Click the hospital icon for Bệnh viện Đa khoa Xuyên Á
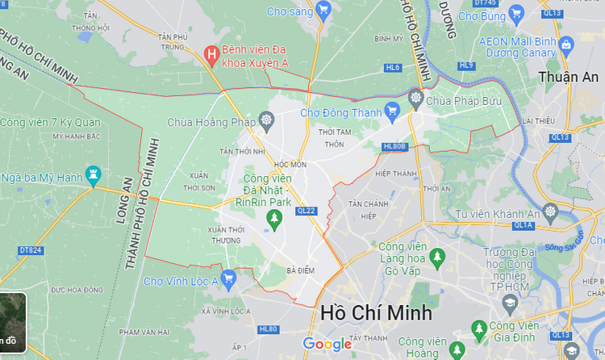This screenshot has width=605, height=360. [211, 55]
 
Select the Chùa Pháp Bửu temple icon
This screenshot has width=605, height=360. [415, 100]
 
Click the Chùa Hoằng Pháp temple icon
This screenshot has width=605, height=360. [267, 123]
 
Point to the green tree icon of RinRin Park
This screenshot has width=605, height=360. [275, 218]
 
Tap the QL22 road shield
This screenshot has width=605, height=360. [307, 210]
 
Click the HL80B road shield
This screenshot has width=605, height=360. [394, 147]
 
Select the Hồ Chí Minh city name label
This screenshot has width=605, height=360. [376, 312]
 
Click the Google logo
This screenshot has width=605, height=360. [328, 345]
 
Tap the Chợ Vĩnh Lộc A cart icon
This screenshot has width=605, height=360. [228, 281]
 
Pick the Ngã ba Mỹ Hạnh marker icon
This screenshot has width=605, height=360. [94, 174]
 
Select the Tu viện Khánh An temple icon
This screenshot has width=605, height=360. [551, 213]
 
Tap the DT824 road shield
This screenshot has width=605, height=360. [30, 250]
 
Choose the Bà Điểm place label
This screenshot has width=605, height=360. [300, 270]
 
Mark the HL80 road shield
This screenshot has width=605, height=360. [268, 329]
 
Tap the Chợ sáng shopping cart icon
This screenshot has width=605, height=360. [323, 10]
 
